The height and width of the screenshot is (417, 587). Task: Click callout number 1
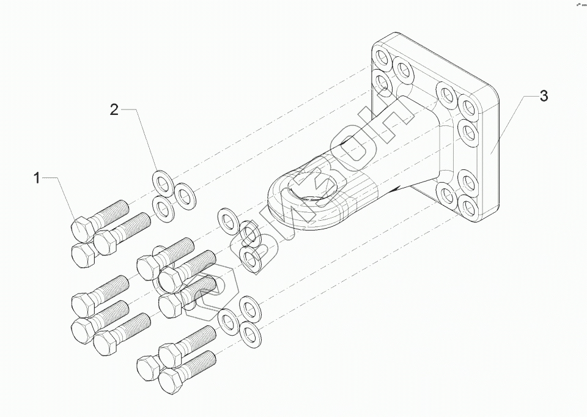pyautogui.click(x=37, y=178)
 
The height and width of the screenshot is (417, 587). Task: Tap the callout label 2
pyautogui.click(x=114, y=109)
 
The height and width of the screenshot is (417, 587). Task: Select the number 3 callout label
pyautogui.click(x=543, y=96)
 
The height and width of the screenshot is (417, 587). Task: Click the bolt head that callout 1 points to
pyautogui.click(x=81, y=229)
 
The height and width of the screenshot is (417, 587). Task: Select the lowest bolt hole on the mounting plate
pyautogui.click(x=468, y=205)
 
